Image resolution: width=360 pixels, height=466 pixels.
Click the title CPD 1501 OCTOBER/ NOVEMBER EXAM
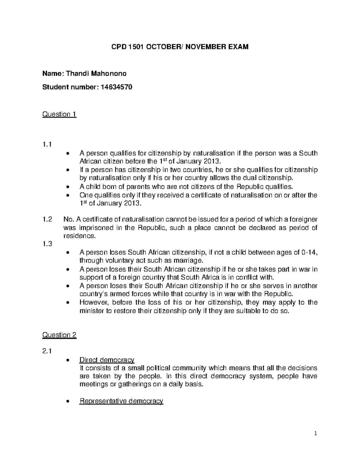coord(180,47)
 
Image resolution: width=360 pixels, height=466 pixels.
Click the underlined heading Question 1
coord(59,114)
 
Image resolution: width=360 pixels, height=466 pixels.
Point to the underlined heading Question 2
coord(59,335)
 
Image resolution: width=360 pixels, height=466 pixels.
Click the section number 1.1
coord(47,145)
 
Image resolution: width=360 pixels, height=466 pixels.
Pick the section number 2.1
coord(47,351)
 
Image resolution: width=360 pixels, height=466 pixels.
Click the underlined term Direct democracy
coord(106,360)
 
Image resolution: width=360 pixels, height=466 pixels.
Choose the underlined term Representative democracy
coord(121,401)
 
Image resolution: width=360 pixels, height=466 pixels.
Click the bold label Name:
coord(53,74)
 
